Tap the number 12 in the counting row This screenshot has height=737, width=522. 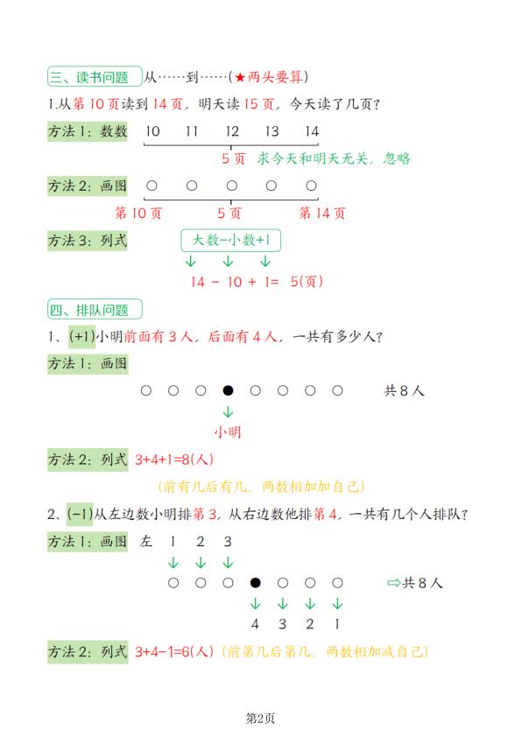coord(231,131)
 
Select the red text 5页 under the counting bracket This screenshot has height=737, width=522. coord(232,158)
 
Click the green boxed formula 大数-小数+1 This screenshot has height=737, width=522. coord(231,240)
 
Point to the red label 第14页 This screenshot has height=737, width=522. coord(322,213)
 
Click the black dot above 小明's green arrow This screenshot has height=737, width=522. coord(228,391)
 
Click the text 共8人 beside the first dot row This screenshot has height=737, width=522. coord(404,391)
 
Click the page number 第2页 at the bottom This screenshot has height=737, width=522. coord(260,719)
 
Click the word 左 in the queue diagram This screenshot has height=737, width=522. coord(146,542)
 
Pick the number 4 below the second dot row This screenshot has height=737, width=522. coord(256,625)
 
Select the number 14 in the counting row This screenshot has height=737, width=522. coord(311,131)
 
